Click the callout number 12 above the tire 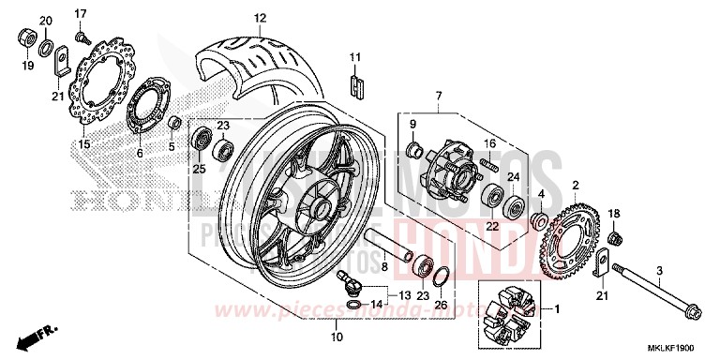[260, 17]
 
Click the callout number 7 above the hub [437, 96]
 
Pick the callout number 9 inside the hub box [411, 124]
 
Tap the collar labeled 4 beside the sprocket [540, 222]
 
